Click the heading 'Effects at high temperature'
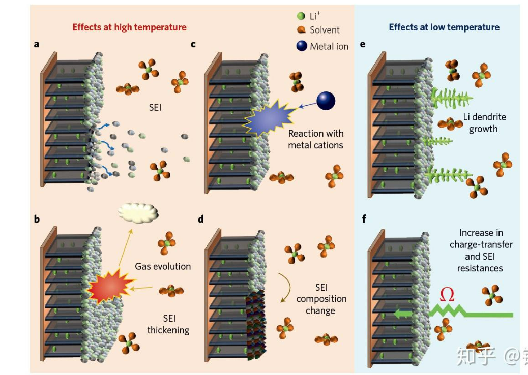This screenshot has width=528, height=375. [x=129, y=27]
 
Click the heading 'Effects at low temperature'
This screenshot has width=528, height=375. [x=444, y=27]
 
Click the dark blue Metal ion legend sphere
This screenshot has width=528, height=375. [x=302, y=46]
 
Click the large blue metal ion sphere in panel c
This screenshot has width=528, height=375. [x=326, y=101]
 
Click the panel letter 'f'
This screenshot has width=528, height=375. [x=363, y=220]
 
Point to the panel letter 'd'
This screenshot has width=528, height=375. [x=200, y=220]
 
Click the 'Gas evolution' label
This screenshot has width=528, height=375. [x=163, y=266]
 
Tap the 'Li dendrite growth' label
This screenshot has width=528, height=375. [x=484, y=123]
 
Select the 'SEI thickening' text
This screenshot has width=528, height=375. [x=168, y=324]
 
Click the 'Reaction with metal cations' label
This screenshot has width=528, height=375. [x=315, y=139]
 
